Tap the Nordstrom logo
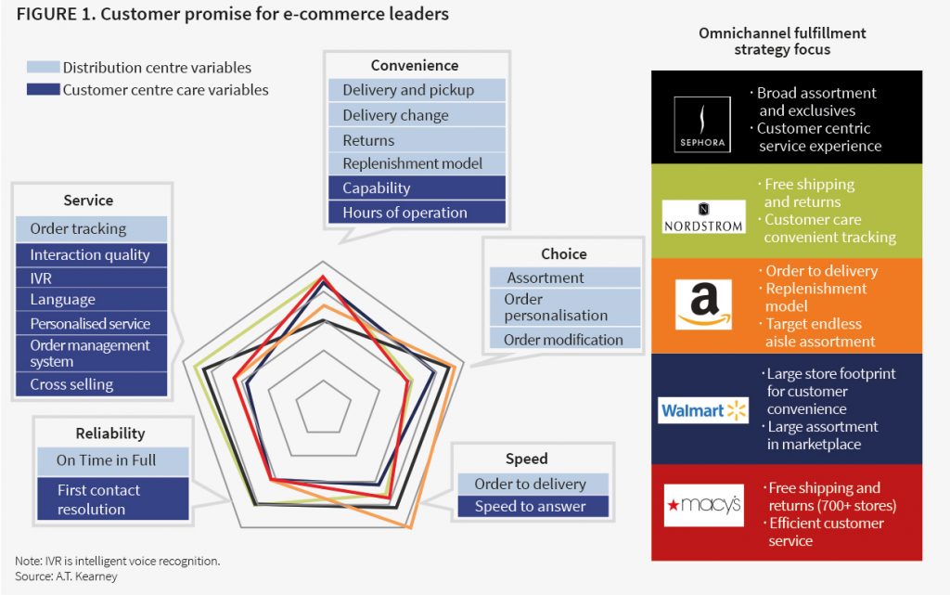tap(704, 216)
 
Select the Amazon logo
tap(703, 304)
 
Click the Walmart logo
tap(703, 410)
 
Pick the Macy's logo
tap(703, 506)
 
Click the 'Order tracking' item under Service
tap(92, 229)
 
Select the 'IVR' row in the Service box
tap(92, 277)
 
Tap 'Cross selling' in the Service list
tap(92, 384)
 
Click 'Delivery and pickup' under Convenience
tap(417, 90)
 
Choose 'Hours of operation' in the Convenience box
tap(417, 213)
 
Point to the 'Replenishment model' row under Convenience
tap(417, 163)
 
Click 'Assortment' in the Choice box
tap(564, 278)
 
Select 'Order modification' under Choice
tap(564, 340)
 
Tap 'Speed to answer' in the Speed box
tap(533, 507)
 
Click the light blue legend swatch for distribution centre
tap(43, 68)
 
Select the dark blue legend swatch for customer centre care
tap(43, 90)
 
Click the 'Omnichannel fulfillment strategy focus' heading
tap(782, 41)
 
